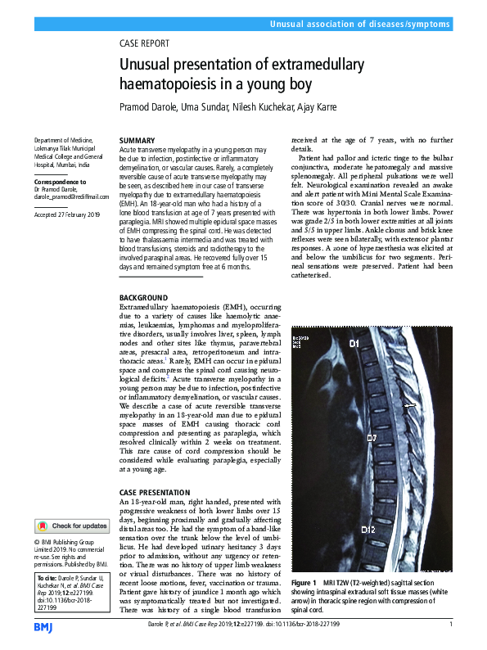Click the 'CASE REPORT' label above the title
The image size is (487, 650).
coord(144,43)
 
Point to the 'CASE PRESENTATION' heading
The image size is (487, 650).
coord(154,492)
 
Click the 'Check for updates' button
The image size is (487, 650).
coord(72,526)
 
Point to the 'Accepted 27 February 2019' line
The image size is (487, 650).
coord(66,214)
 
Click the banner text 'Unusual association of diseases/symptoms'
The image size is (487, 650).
coord(360,25)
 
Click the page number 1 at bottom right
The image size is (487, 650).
coord(451,625)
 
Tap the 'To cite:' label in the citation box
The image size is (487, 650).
coord(47,578)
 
